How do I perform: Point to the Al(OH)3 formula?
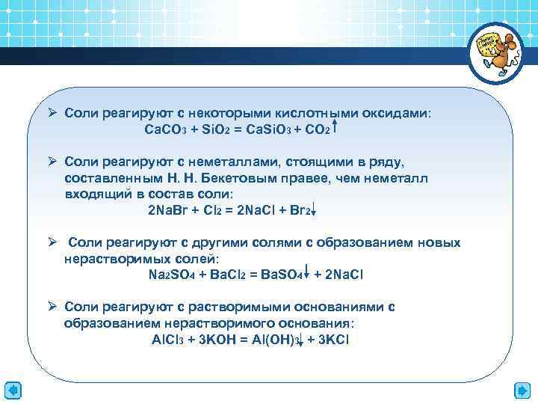[278, 339]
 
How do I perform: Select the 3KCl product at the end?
[333, 339]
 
